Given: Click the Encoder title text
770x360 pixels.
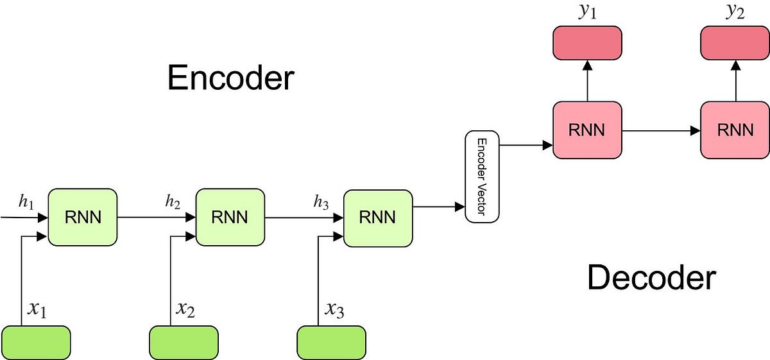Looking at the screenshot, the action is [230, 78].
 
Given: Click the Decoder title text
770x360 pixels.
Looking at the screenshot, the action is [652, 278].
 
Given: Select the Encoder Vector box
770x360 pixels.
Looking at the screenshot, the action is [482, 176].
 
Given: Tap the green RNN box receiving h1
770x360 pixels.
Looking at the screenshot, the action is [83, 218].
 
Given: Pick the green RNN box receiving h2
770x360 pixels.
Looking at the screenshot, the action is [230, 218].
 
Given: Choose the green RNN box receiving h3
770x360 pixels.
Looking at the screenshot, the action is [378, 218].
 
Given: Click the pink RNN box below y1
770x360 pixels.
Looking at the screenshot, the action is [587, 130].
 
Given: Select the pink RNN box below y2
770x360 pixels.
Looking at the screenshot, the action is [735, 130].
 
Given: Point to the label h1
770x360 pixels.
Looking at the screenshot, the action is [26, 202].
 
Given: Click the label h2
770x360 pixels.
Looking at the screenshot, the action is [173, 201].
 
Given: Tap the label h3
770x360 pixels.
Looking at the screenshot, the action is [321, 202].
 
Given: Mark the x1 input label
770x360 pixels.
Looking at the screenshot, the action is [37, 309].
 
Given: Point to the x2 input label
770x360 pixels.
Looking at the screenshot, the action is [185, 309].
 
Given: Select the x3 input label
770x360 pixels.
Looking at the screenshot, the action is [334, 309].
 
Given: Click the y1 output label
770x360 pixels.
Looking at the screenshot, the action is [588, 12].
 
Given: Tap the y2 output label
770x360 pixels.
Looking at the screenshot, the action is [735, 12].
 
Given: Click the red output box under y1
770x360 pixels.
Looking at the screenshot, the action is [587, 43].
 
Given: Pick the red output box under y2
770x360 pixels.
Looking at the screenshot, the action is [735, 43].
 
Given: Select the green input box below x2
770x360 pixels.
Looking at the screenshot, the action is [184, 343].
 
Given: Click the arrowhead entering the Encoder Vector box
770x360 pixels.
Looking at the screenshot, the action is [460, 207].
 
